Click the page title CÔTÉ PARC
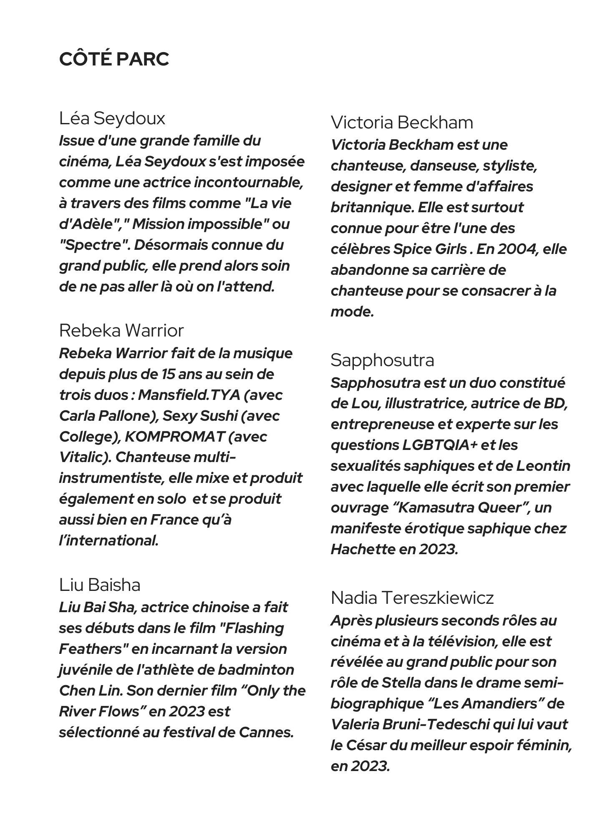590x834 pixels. pyautogui.click(x=114, y=59)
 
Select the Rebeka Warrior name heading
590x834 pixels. pyautogui.click(x=121, y=331)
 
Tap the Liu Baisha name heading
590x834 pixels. pyautogui.click(x=100, y=585)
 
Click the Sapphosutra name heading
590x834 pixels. pyautogui.click(x=382, y=360)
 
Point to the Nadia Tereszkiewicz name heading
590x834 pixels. pyautogui.click(x=412, y=598)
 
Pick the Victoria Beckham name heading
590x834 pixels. pyautogui.click(x=402, y=123)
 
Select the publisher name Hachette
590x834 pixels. pyautogui.click(x=363, y=550)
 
